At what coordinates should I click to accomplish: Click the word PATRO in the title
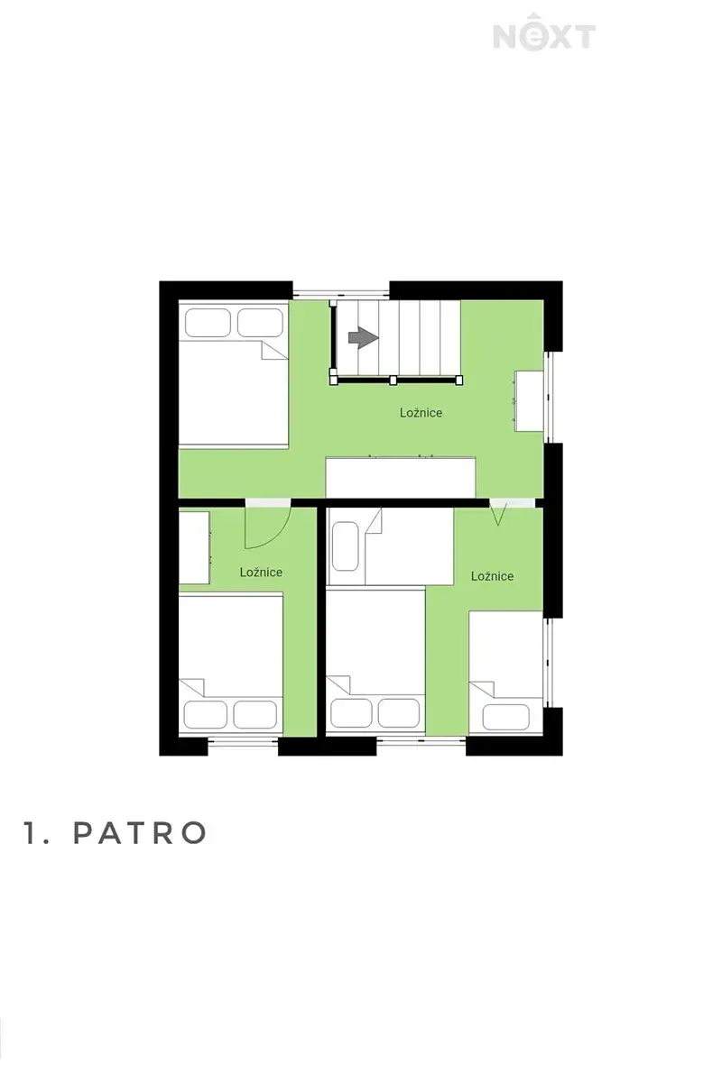[x=140, y=832]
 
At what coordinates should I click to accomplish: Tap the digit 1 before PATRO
[x=30, y=832]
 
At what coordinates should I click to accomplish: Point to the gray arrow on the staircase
[x=363, y=337]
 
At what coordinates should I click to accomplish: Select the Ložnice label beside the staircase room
[x=421, y=413]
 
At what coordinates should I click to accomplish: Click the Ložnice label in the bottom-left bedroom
[x=261, y=572]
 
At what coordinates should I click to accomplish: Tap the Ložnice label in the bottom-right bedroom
[x=492, y=576]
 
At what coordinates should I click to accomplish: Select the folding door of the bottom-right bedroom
[x=498, y=513]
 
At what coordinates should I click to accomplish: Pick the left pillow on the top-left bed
[x=207, y=322]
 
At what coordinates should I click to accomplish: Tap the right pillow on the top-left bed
[x=260, y=322]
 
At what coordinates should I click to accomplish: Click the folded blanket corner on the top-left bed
[x=274, y=350]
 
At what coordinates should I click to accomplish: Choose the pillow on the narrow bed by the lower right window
[x=505, y=717]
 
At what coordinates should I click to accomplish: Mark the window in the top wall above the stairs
[x=341, y=293]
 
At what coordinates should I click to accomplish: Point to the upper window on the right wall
[x=548, y=397]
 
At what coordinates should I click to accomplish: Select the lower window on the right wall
[x=548, y=663]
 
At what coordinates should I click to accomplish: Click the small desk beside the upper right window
[x=529, y=400]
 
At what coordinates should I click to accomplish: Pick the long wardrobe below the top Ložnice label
[x=401, y=477]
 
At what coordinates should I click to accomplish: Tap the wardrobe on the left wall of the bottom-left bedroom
[x=194, y=548]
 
